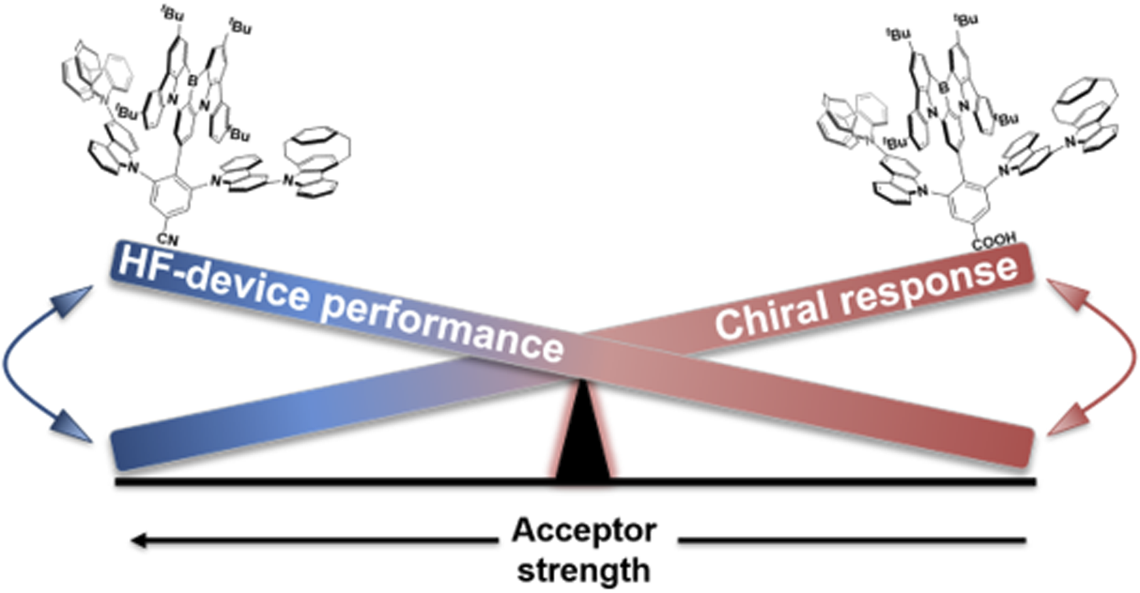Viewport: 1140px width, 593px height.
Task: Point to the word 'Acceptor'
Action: [584, 531]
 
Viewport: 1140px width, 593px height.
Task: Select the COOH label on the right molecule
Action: [993, 241]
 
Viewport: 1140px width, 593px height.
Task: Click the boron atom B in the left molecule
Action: [193, 80]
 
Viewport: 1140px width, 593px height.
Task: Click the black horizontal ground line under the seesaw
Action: [576, 482]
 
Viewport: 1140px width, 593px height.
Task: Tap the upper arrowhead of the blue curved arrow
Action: [75, 301]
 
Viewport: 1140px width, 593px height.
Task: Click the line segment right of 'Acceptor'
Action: [852, 540]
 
